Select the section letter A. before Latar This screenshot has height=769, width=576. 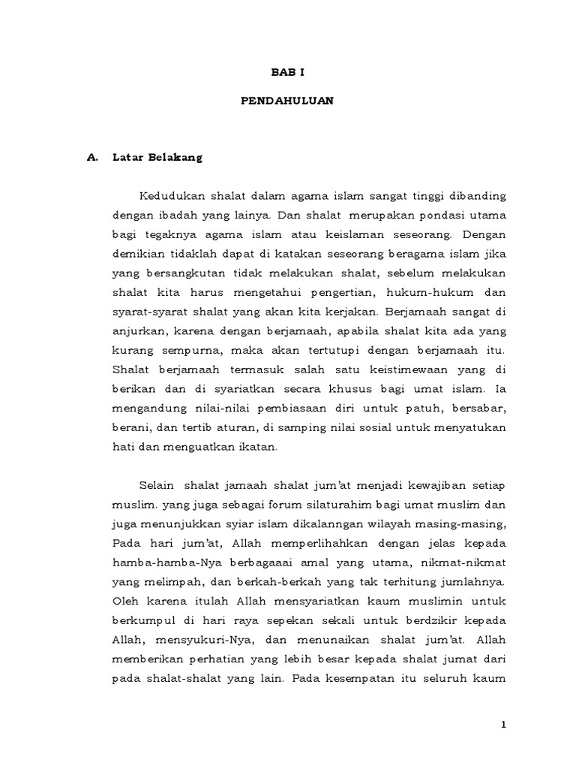click(94, 158)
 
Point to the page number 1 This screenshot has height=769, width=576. click(505, 724)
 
